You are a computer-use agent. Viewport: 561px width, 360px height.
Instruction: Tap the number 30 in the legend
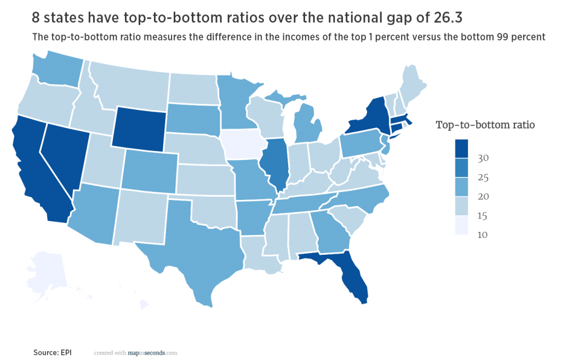click(483, 158)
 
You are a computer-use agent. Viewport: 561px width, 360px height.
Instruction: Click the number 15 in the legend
click(483, 216)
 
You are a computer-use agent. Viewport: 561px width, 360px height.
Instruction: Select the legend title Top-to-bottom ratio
click(485, 124)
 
